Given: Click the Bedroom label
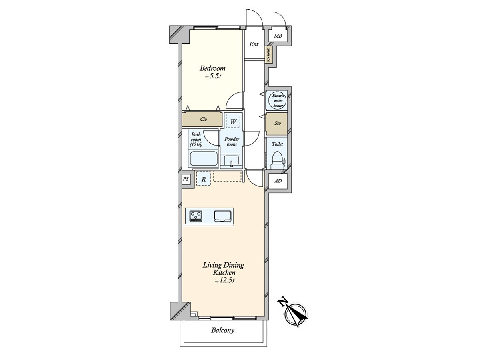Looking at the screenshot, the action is click(212, 68).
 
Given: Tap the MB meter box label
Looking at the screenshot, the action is click(278, 36).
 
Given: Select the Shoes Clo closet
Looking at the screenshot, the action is click(269, 55).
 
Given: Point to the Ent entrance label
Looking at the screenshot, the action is click(254, 44).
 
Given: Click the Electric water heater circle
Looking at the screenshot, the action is click(278, 101).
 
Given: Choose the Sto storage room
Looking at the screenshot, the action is click(277, 124).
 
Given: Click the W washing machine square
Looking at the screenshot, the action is click(233, 121).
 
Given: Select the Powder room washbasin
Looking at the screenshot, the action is click(232, 160).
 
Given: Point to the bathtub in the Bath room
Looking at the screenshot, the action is click(203, 159).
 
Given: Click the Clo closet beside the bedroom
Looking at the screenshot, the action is click(202, 119).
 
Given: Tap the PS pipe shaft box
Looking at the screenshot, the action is click(186, 179).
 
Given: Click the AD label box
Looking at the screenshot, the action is click(278, 181).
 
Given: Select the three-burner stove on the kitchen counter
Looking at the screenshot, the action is click(196, 216).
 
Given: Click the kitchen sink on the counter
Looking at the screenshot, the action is click(222, 216).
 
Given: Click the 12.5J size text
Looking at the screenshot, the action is click(224, 280).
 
